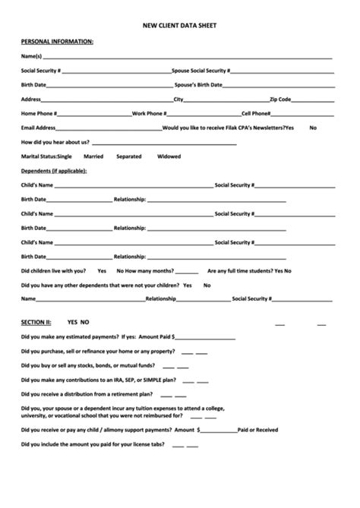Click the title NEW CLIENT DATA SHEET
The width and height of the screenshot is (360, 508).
click(179, 25)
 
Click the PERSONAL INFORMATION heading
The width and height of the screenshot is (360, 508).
click(57, 41)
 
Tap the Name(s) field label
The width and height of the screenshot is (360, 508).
click(31, 57)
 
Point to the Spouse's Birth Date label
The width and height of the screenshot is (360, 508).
click(198, 84)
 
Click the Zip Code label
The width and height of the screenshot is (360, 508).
click(280, 99)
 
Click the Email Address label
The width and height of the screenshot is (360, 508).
click(39, 128)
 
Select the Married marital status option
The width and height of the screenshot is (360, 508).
click(93, 156)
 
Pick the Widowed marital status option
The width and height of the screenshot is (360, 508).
click(169, 156)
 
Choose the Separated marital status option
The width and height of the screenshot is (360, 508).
click(128, 156)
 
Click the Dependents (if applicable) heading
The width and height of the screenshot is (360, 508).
click(54, 170)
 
